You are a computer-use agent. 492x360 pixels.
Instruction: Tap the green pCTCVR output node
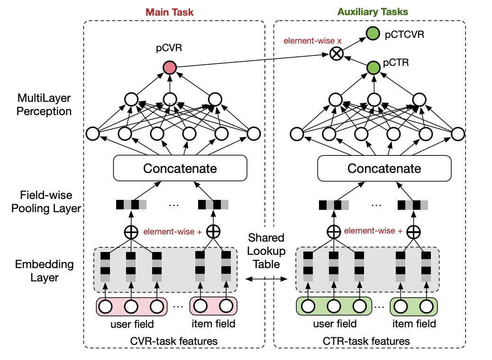(374, 34)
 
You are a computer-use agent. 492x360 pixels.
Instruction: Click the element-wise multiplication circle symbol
(336, 54)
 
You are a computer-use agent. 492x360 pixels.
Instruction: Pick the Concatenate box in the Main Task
(180, 168)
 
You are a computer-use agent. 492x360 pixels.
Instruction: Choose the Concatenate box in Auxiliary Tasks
(384, 169)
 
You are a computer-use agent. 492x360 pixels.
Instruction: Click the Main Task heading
(170, 12)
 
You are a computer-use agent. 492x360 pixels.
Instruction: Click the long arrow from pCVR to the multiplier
(251, 62)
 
